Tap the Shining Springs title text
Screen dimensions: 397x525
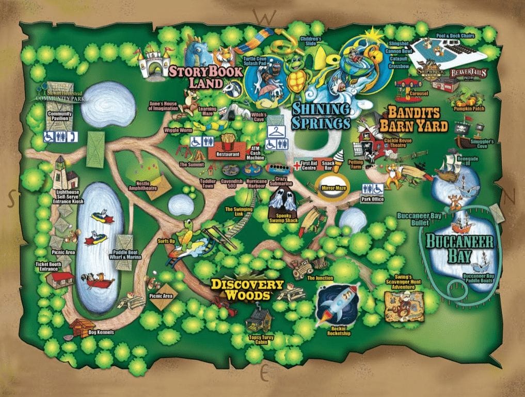pos(321,116)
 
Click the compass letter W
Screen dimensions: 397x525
pos(266,17)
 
